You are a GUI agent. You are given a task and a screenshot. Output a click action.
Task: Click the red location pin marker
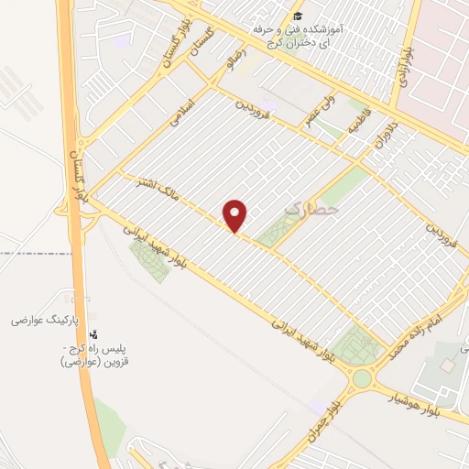235,216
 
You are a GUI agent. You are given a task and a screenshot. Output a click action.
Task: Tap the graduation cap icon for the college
297,16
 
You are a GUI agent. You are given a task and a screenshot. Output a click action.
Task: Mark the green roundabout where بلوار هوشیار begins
362,378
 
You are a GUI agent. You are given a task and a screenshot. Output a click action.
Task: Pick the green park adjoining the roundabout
355,346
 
